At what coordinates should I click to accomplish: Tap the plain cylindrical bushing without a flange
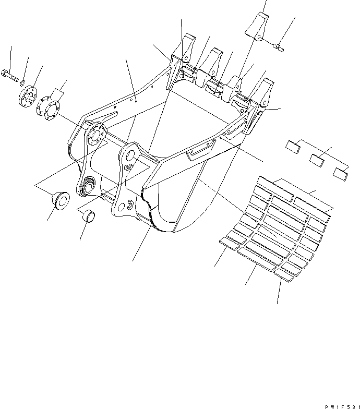tap(86, 215)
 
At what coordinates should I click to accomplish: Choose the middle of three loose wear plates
tap(317, 160)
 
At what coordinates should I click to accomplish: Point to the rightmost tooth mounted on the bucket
tap(267, 90)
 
